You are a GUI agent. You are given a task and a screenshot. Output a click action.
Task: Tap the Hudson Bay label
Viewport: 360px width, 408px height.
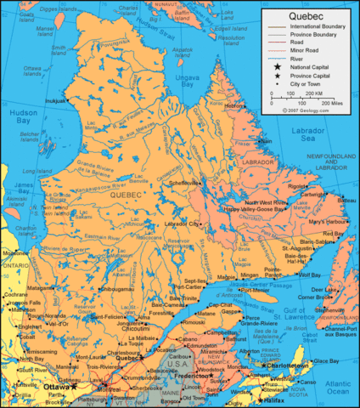(x=20, y=116)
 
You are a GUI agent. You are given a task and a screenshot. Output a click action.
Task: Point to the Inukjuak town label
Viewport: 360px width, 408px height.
(x=55, y=100)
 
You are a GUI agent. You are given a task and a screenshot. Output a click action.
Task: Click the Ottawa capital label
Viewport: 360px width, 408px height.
(x=56, y=386)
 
